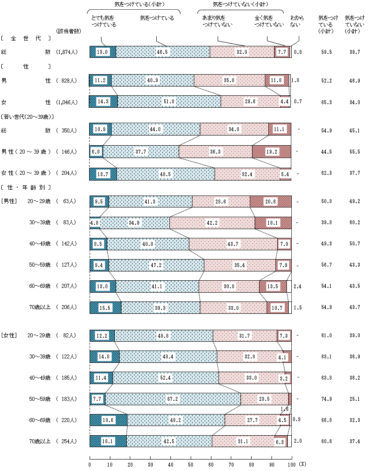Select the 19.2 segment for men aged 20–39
pyautogui.click(x=271, y=152)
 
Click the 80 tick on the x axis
pyautogui.click(x=251, y=464)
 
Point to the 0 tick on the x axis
pyautogui.click(x=90, y=464)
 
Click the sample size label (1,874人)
pyautogui.click(x=67, y=52)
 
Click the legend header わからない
pyautogui.click(x=296, y=22)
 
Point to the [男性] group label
pyautogui.click(x=9, y=201)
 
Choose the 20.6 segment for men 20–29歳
pyautogui.click(x=271, y=201)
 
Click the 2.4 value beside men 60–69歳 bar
pyautogui.click(x=297, y=286)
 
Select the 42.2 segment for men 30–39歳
pyautogui.click(x=212, y=222)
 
